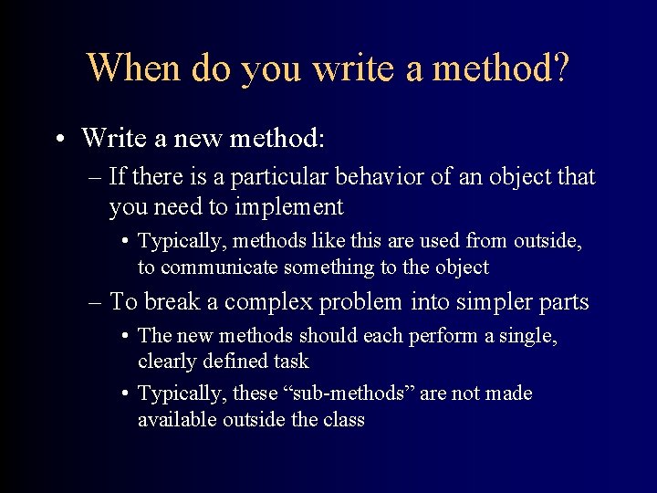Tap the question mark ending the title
[559, 68]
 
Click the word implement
[289, 208]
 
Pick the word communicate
[219, 267]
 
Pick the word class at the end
[342, 420]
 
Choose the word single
[529, 336]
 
